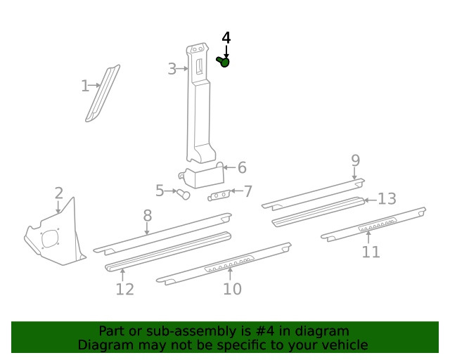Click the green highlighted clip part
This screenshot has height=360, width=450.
click(x=224, y=63)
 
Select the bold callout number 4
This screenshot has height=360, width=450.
click(x=226, y=38)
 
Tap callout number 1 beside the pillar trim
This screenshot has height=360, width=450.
click(x=84, y=86)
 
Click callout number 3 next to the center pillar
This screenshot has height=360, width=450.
click(x=172, y=69)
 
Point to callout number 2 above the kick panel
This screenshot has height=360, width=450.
click(x=58, y=193)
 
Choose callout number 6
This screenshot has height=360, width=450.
click(x=241, y=167)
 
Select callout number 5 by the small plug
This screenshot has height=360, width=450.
click(x=160, y=191)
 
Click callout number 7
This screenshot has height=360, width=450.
click(x=247, y=191)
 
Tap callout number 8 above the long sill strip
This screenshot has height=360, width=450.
click(x=147, y=216)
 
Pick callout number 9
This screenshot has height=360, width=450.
click(x=355, y=161)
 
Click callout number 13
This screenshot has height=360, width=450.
click(x=387, y=199)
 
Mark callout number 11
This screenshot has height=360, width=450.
click(x=371, y=252)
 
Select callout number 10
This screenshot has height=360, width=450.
click(x=232, y=288)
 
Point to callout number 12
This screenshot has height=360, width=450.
click(x=124, y=289)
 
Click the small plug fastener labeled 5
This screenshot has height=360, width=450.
click(x=184, y=194)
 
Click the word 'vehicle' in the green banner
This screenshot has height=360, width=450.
click(x=344, y=345)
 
